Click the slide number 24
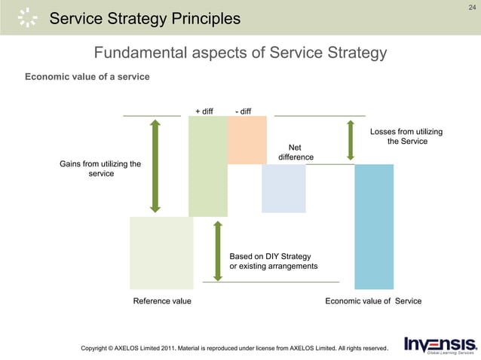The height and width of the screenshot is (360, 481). (x=472, y=8)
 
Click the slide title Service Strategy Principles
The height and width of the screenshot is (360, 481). (x=145, y=18)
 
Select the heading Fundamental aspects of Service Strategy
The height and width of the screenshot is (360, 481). (x=240, y=53)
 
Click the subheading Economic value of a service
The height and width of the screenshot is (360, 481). (x=87, y=77)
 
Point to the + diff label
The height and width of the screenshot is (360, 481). (x=204, y=111)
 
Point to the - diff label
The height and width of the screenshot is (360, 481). (x=243, y=111)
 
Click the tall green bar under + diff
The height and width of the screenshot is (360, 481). (x=208, y=166)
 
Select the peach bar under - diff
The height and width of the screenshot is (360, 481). (x=247, y=140)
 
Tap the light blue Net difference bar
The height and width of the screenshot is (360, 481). (x=283, y=188)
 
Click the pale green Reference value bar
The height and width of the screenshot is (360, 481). (x=161, y=253)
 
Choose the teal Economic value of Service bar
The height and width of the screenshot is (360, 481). (x=374, y=226)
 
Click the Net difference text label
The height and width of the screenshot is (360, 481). (x=296, y=152)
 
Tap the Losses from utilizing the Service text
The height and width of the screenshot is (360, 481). (x=406, y=136)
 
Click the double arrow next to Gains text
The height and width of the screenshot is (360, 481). (x=155, y=166)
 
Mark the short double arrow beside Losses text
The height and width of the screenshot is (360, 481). (x=350, y=138)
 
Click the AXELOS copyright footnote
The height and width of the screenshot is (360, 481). (x=234, y=348)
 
